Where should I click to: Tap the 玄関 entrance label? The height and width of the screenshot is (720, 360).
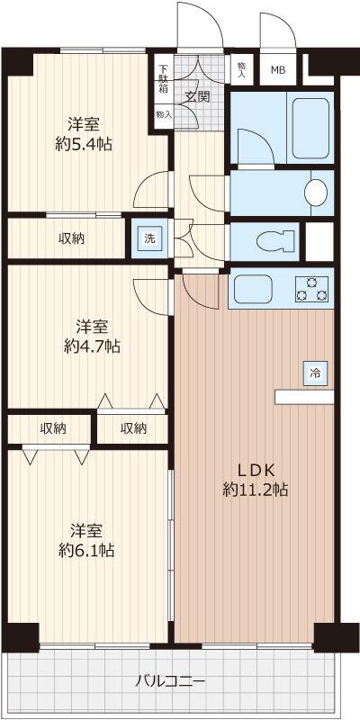click(198, 95)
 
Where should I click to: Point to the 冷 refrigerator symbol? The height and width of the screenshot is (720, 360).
click(315, 372)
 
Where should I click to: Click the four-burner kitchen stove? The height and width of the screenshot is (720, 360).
click(312, 289)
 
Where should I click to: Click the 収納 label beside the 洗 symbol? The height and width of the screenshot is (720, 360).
click(73, 238)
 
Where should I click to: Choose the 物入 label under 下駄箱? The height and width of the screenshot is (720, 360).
click(163, 115)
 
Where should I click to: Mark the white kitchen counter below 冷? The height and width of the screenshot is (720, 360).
click(304, 397)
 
